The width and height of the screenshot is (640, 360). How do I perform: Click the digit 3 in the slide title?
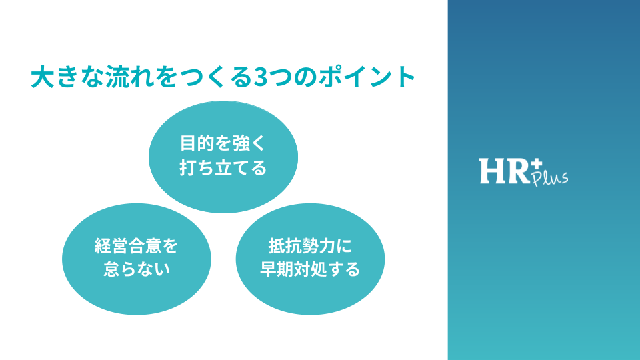point(261,77)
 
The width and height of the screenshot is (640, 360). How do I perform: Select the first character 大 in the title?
point(43,76)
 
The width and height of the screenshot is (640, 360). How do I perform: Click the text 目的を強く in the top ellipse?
point(223,143)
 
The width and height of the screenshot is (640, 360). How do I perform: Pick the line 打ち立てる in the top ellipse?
point(223,167)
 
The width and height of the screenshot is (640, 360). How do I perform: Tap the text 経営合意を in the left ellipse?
point(136,246)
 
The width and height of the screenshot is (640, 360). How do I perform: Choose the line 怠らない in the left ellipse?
point(136,269)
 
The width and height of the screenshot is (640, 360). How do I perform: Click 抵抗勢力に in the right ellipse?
point(310,246)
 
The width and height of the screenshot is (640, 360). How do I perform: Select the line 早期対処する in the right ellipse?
point(310,269)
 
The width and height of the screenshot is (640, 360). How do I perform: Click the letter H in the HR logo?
point(492,171)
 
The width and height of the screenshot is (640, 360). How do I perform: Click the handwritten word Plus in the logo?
point(550,179)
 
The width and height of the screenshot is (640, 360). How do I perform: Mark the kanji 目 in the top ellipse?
point(188,143)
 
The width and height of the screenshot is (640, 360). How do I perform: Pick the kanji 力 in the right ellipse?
point(327,246)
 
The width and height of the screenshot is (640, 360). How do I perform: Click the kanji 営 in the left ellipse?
point(119,246)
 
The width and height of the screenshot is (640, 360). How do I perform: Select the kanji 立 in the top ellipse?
point(223,167)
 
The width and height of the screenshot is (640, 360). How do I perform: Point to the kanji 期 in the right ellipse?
point(285,269)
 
